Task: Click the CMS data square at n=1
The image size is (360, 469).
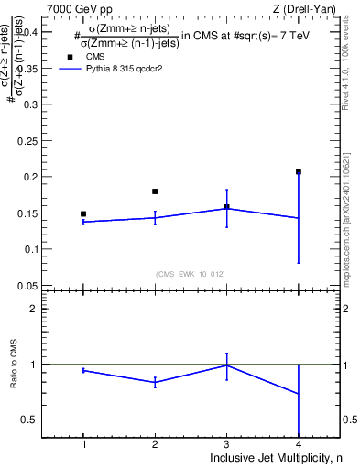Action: tap(83, 213)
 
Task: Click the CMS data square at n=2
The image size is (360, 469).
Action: tap(155, 191)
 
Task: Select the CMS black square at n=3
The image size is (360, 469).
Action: tap(226, 207)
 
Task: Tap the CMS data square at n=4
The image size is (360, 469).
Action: tap(299, 171)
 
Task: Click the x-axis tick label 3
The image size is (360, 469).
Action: tap(226, 444)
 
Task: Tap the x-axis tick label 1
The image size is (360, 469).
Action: tap(83, 444)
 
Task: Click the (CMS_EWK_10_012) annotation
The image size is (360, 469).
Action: tap(191, 274)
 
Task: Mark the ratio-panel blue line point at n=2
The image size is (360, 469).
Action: tap(155, 382)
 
